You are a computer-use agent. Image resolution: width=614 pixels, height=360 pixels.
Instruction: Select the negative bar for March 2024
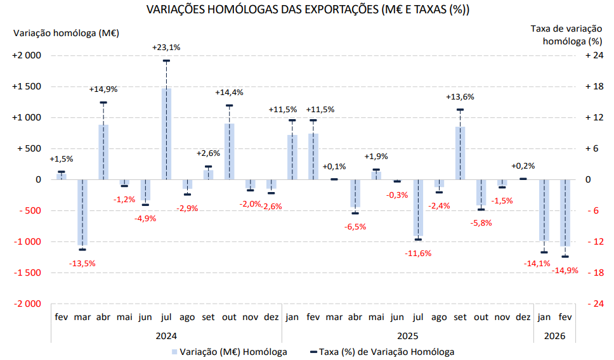pyautogui.click(x=82, y=212)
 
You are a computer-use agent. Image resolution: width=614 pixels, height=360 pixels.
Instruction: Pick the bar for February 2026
pyautogui.click(x=565, y=212)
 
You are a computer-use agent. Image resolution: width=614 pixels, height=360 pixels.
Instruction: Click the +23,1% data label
pyautogui.click(x=166, y=47)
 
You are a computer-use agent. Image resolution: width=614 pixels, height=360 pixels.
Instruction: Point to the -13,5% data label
pyautogui.click(x=82, y=263)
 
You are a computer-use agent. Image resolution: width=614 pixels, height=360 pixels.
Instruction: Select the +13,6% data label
pyautogui.click(x=460, y=97)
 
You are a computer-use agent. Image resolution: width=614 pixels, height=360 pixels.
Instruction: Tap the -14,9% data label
pyautogui.click(x=566, y=271)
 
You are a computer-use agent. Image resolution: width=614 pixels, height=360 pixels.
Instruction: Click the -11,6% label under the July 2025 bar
pyautogui.click(x=418, y=254)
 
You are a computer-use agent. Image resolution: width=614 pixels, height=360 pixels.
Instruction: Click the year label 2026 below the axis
pyautogui.click(x=554, y=336)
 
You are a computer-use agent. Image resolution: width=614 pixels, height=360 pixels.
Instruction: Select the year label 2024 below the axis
pyautogui.click(x=166, y=336)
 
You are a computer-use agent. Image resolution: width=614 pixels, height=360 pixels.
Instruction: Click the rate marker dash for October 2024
pyautogui.click(x=229, y=106)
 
